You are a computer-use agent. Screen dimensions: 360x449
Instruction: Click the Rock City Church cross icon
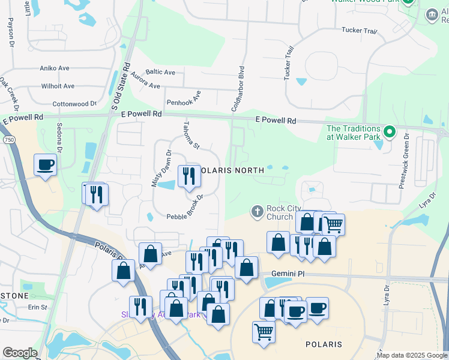pos(258,211)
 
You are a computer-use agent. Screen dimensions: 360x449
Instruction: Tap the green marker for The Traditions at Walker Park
pos(389,131)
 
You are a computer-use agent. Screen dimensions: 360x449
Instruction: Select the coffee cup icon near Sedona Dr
pos(45,164)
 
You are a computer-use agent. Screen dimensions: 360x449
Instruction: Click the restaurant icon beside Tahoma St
pos(189,176)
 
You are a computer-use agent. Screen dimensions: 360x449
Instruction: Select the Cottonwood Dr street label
pos(74,104)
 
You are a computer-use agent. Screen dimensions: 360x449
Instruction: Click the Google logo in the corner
pos(20,353)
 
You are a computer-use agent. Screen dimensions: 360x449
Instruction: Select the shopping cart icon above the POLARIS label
pos(264,331)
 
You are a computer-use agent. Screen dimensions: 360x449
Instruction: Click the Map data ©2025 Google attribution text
pos(412,355)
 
